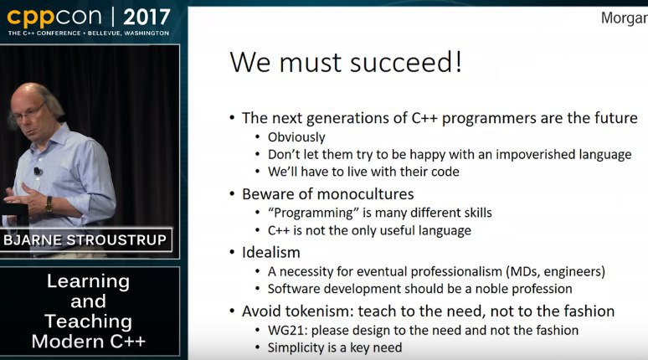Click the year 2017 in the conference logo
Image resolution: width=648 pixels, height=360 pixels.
(x=147, y=17)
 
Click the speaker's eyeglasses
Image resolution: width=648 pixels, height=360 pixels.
(x=30, y=113)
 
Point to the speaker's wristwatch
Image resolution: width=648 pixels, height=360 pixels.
(x=49, y=204)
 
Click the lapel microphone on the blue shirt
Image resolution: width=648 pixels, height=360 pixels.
(x=38, y=171)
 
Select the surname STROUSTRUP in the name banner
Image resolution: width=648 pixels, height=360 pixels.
(x=116, y=240)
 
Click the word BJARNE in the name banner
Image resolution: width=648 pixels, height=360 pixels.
(x=33, y=240)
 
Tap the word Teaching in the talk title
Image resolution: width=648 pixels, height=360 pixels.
(x=89, y=321)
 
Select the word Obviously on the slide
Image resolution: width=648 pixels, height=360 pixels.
(x=296, y=137)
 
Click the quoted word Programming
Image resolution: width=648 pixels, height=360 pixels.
(x=313, y=213)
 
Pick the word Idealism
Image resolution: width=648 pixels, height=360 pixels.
(x=271, y=253)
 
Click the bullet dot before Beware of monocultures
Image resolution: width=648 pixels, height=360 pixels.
(x=232, y=194)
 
